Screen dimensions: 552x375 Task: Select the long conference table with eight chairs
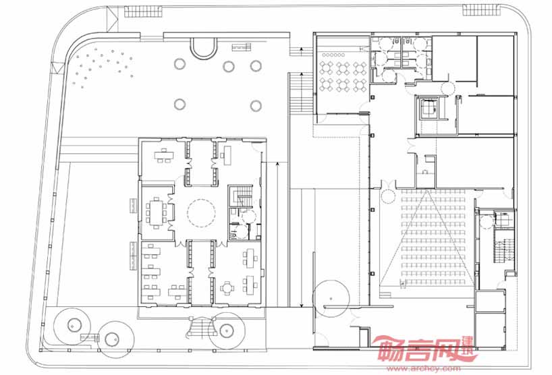tap(156, 211)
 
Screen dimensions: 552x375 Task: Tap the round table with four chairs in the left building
tap(227, 288)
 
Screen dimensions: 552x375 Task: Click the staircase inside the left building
tap(242, 196)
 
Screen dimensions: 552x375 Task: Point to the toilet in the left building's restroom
tap(233, 235)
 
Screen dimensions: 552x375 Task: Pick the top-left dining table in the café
tap(327, 68)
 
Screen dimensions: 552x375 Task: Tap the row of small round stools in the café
tap(334, 55)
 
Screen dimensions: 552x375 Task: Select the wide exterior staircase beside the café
tap(301, 93)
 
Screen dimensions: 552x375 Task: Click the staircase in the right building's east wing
tap(504, 251)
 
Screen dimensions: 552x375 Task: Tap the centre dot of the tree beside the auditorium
tap(331, 299)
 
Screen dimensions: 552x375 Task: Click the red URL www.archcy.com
tap(423, 369)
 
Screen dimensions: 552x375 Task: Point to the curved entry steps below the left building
tap(202, 330)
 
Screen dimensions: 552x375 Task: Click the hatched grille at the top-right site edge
tap(481, 10)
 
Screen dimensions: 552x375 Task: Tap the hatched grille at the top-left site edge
tap(143, 11)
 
